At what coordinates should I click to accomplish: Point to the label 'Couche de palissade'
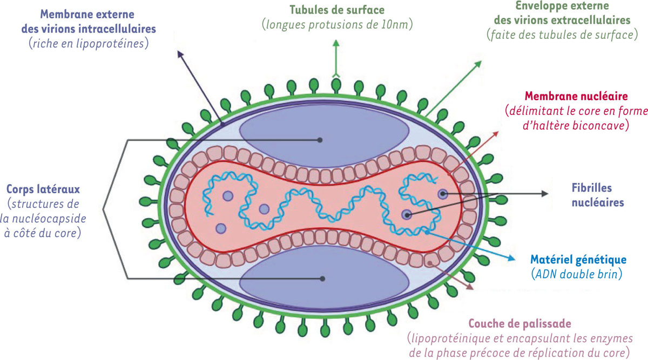pyautogui.click(x=513, y=324)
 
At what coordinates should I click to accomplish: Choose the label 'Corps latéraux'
pyautogui.click(x=43, y=190)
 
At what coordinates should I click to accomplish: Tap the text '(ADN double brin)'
pyautogui.click(x=576, y=274)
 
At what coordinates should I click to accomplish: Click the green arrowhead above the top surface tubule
pyautogui.click(x=335, y=43)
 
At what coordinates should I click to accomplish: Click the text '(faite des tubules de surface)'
pyautogui.click(x=562, y=35)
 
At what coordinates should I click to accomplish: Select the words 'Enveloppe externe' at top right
pyautogui.click(x=562, y=7)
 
